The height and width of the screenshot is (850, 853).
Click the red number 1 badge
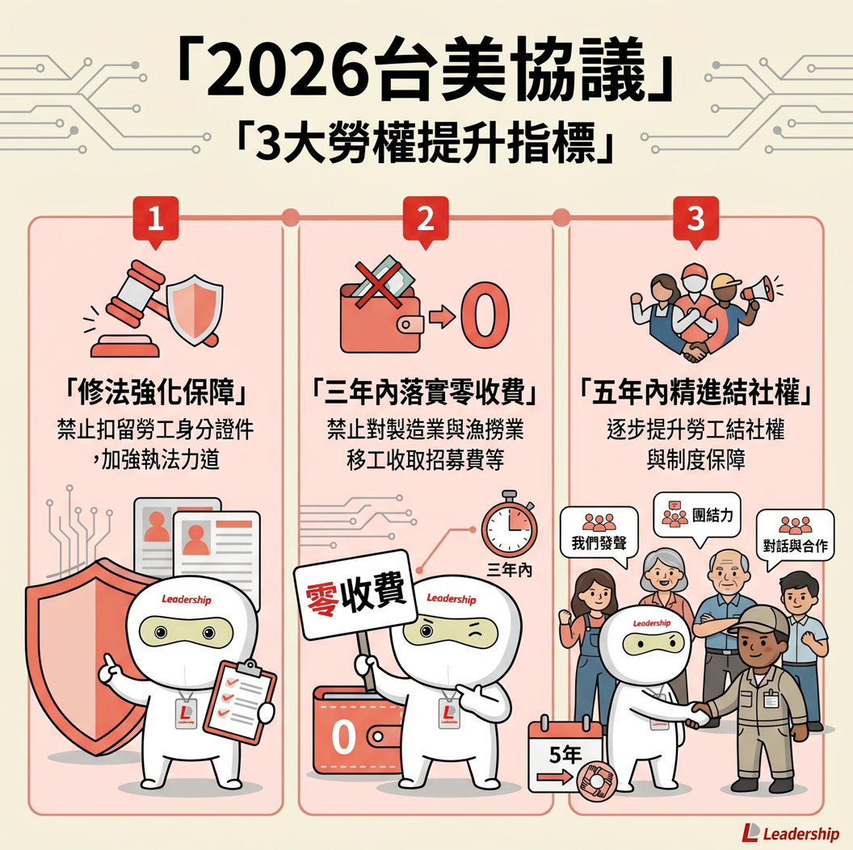(156, 220)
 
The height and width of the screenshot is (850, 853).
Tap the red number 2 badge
(426, 220)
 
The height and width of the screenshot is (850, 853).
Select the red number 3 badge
(695, 220)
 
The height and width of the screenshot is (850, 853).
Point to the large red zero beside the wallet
(485, 317)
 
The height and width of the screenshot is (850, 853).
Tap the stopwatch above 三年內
(509, 524)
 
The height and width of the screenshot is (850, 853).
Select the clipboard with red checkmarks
(240, 701)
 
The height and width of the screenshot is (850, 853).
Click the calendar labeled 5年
(565, 756)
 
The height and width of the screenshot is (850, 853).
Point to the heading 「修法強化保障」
(156, 392)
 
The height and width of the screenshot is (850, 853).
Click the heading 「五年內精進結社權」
(695, 392)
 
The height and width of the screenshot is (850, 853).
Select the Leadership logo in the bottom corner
(791, 832)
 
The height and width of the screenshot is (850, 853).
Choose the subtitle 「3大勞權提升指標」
(426, 142)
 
